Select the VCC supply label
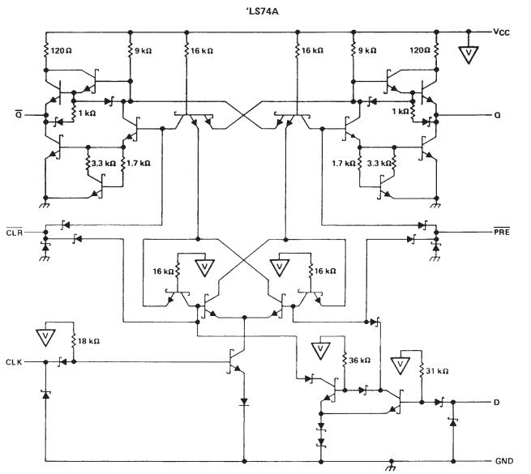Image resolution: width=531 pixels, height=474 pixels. coord(504,32)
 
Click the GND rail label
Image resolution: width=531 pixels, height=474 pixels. coord(503,460)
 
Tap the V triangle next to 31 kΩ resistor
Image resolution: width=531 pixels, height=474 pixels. coord(401,361)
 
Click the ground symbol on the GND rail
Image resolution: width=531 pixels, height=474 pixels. coord(393,465)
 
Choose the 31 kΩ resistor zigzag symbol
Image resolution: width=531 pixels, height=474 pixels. coord(422,373)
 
